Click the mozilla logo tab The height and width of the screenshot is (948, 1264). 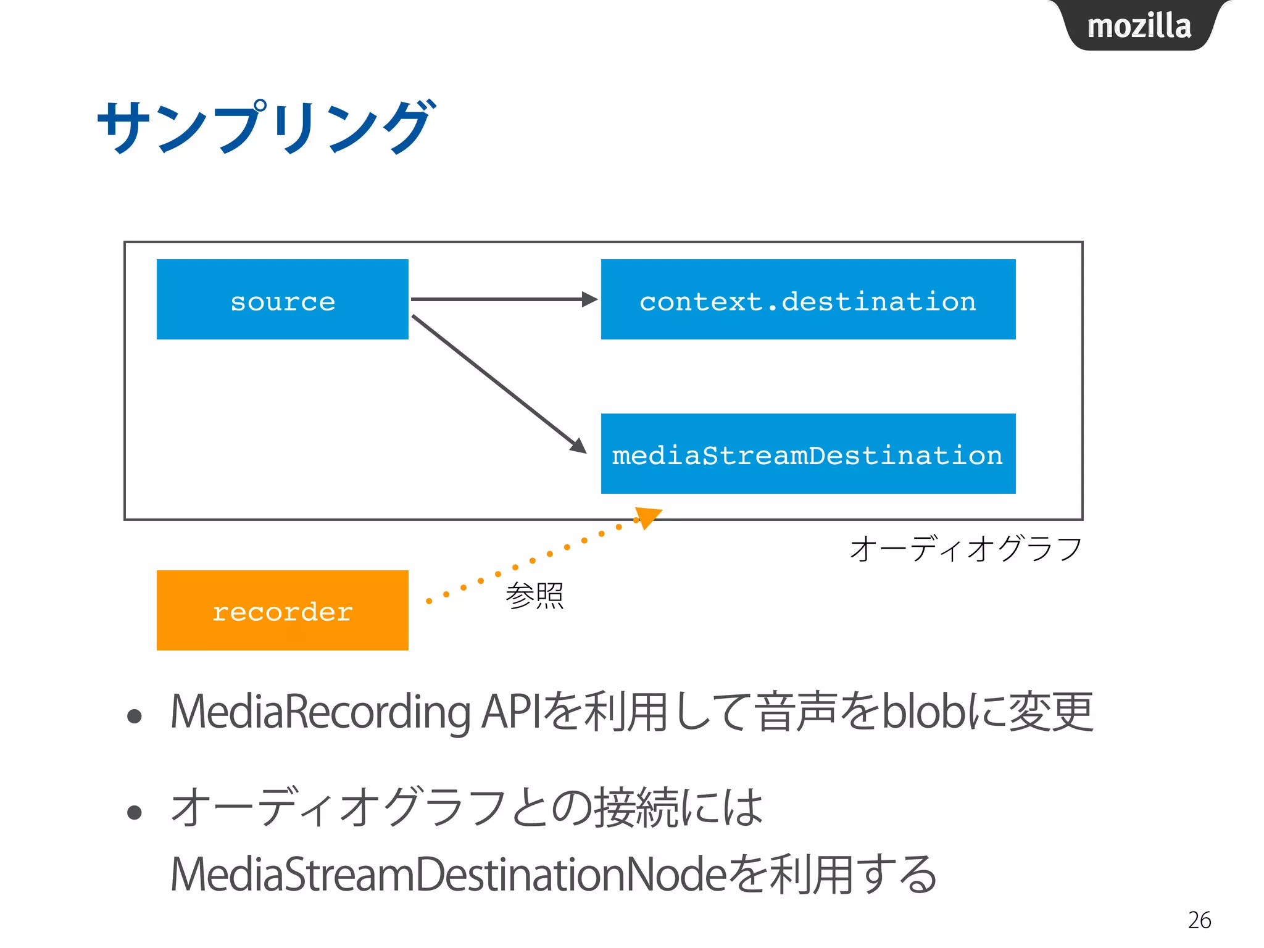(1139, 26)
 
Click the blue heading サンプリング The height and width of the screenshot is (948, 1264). (265, 127)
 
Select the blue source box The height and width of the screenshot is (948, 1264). (282, 299)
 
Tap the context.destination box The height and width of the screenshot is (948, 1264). (808, 299)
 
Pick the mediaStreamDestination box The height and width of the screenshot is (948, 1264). (808, 454)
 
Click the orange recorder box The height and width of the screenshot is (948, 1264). (282, 610)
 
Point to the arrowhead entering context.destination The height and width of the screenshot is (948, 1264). (589, 299)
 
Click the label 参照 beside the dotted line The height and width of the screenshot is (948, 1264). (534, 596)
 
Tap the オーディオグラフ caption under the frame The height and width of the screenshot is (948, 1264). (966, 549)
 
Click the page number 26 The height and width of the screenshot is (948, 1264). (1199, 920)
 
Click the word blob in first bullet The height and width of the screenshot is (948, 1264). (923, 712)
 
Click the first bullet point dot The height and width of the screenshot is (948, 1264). (135, 717)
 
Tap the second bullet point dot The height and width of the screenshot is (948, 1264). (135, 812)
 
